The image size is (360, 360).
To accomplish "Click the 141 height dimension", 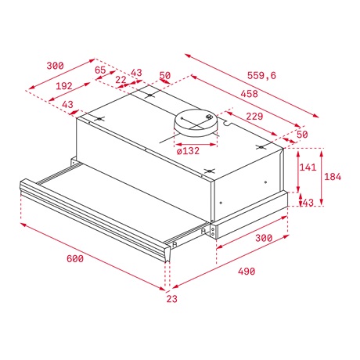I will (x=308, y=167).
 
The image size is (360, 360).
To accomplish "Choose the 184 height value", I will (x=333, y=177).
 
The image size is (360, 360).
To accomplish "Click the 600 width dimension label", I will (x=75, y=259).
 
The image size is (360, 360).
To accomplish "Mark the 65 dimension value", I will (x=100, y=70).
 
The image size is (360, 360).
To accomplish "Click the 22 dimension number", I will (x=120, y=79).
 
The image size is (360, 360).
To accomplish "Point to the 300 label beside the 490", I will (x=264, y=237).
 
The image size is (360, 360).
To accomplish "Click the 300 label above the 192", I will (x=55, y=66).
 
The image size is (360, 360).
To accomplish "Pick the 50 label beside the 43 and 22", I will (x=164, y=75).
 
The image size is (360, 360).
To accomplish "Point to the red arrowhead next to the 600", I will (x=23, y=225).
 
